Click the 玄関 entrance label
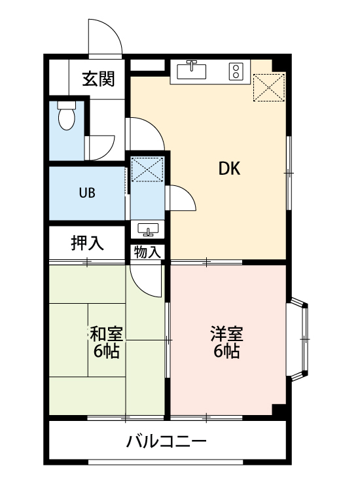(x=98, y=79)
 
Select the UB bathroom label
(x=87, y=193)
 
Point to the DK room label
(x=229, y=169)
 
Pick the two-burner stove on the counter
(x=236, y=69)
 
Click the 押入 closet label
(x=87, y=243)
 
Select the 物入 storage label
(x=147, y=251)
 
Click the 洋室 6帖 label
(x=226, y=342)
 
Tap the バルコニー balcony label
(x=167, y=441)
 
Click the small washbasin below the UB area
(x=148, y=229)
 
